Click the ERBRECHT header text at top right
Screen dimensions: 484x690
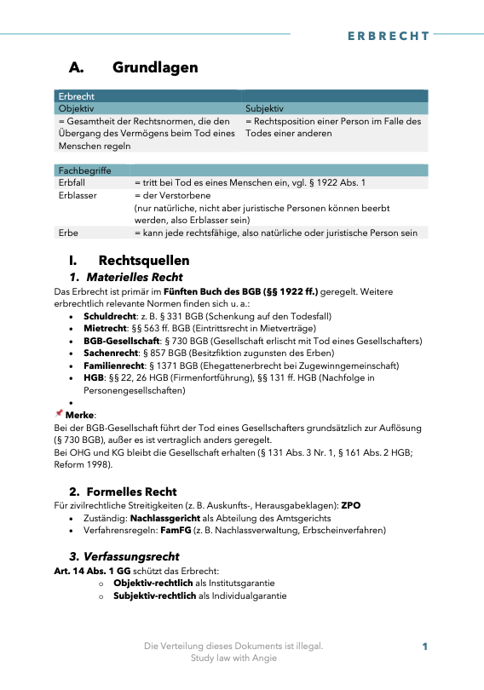coord(389,36)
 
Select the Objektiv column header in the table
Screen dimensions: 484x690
coord(76,109)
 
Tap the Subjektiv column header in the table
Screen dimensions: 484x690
coord(264,109)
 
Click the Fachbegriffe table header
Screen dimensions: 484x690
coord(84,171)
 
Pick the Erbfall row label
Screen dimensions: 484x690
coord(71,183)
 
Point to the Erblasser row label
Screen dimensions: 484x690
coord(77,195)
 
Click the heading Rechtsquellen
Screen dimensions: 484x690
coord(143,260)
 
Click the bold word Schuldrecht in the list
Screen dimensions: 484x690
coord(105,316)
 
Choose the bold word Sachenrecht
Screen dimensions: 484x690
coord(108,353)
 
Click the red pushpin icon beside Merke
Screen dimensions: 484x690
coord(59,413)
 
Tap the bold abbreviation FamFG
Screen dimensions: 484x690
coord(187,529)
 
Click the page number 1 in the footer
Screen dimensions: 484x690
coord(424,647)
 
